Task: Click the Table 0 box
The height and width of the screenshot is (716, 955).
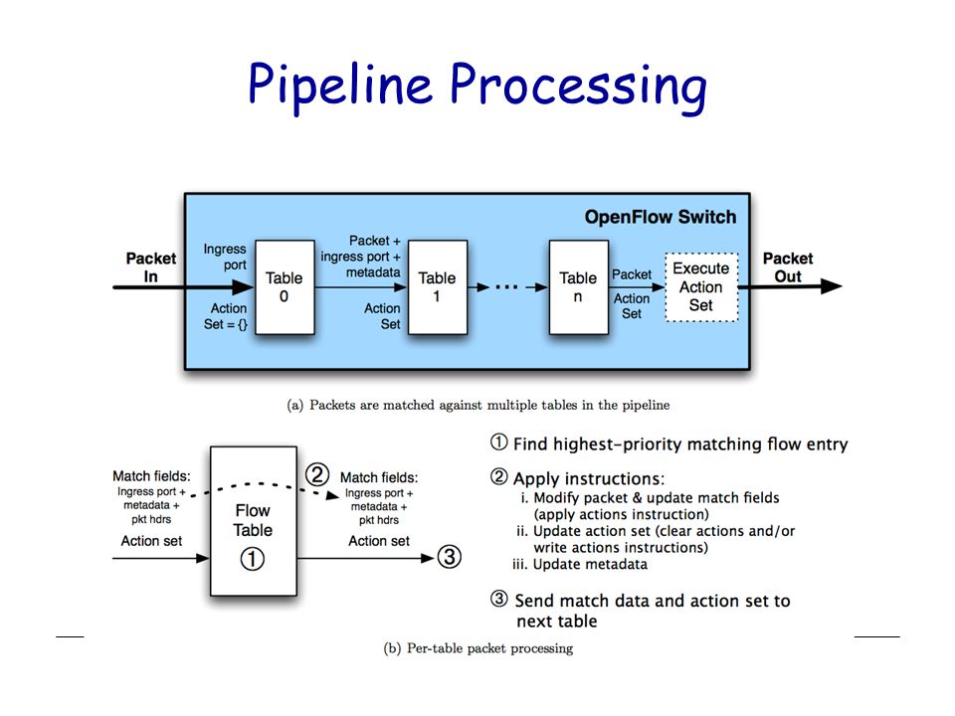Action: click(285, 286)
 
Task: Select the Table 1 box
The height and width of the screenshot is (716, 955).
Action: click(438, 286)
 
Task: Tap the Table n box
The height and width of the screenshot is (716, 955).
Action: click(579, 286)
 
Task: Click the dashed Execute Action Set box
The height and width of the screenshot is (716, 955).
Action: click(701, 286)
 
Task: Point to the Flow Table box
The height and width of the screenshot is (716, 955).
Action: click(254, 520)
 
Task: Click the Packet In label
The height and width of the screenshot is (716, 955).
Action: click(151, 268)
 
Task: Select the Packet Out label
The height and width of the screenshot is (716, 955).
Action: click(788, 268)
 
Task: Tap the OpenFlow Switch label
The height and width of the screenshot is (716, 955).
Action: click(661, 217)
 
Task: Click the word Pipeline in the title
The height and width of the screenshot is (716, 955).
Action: click(340, 86)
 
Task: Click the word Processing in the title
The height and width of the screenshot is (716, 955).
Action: click(579, 87)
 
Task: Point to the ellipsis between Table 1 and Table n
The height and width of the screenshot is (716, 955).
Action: click(506, 286)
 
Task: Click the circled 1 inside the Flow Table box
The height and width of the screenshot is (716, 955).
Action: click(252, 558)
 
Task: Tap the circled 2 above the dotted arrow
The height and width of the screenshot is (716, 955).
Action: click(317, 473)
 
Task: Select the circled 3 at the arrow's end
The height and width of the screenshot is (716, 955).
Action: click(450, 557)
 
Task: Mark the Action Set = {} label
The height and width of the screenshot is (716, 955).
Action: click(226, 316)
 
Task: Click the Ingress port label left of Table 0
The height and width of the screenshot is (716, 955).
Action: click(225, 257)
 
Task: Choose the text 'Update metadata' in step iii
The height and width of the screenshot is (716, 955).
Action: click(590, 565)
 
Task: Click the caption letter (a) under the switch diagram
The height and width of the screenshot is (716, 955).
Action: click(294, 405)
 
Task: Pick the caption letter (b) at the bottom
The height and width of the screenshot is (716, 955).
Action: click(392, 648)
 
